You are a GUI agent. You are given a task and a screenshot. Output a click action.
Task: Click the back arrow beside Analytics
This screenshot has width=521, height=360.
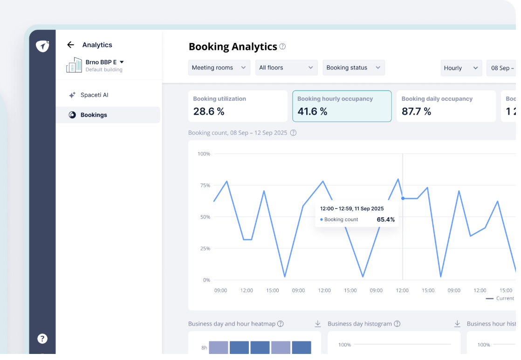pyautogui.click(x=70, y=45)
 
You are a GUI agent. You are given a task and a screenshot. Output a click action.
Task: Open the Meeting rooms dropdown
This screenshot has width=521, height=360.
pyautogui.click(x=219, y=68)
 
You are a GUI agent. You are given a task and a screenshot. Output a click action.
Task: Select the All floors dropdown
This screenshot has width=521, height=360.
pyautogui.click(x=287, y=68)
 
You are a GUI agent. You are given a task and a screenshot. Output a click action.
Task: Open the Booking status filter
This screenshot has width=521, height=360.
pyautogui.click(x=354, y=68)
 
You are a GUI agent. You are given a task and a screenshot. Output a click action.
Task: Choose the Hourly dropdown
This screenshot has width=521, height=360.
pyautogui.click(x=461, y=68)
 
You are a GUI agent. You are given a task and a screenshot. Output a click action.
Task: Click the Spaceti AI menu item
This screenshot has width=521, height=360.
pyautogui.click(x=94, y=95)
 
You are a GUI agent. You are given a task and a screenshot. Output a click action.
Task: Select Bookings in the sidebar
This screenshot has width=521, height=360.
pyautogui.click(x=94, y=115)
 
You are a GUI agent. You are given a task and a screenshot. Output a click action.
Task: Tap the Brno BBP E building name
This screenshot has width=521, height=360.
pyautogui.click(x=101, y=62)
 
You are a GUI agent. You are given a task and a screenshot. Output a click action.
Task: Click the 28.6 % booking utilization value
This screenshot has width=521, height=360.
pyautogui.click(x=209, y=111)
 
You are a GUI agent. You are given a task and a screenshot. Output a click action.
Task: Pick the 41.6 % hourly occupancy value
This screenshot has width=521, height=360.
pyautogui.click(x=312, y=111)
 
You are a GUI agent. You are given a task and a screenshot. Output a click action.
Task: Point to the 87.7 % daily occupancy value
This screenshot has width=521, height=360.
pyautogui.click(x=416, y=111)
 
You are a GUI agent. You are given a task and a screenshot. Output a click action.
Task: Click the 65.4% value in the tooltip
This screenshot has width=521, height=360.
pyautogui.click(x=386, y=220)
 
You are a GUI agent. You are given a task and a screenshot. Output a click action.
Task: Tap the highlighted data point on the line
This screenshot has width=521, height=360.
pyautogui.click(x=403, y=199)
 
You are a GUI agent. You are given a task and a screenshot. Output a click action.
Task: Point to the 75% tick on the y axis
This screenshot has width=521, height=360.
pyautogui.click(x=205, y=186)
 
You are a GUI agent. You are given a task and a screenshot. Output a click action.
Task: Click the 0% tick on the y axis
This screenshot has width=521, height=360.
pyautogui.click(x=206, y=280)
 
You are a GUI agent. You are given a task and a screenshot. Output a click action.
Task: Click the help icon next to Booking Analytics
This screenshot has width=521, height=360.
pyautogui.click(x=282, y=47)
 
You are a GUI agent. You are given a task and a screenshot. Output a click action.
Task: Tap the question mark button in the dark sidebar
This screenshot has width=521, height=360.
pyautogui.click(x=42, y=339)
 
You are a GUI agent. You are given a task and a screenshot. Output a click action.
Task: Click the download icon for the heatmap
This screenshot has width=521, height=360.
pyautogui.click(x=318, y=324)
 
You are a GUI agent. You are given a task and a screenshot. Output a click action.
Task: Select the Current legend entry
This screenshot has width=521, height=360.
pyautogui.click(x=500, y=298)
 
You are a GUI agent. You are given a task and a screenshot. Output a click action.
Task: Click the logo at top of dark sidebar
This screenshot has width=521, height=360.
pyautogui.click(x=42, y=46)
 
